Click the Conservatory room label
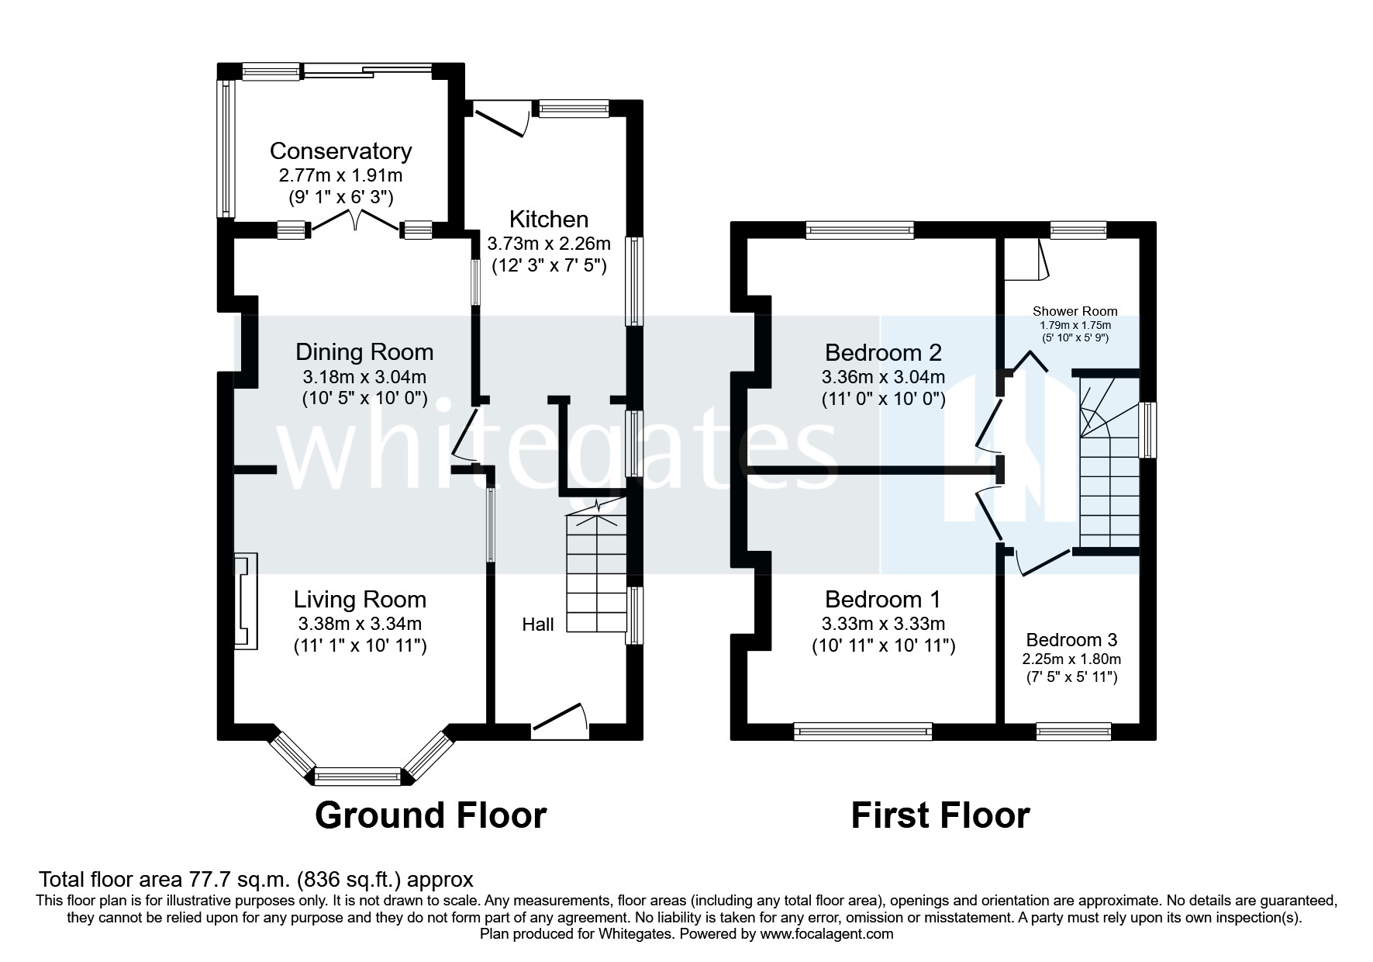(340, 151)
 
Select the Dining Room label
(364, 352)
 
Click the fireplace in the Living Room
(246, 602)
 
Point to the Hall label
(537, 625)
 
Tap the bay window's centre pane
(358, 776)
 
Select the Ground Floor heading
(430, 816)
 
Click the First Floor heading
(940, 816)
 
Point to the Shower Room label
(1075, 311)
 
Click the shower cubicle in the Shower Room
(1023, 259)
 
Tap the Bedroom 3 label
(1071, 640)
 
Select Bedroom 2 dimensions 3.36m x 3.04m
(883, 378)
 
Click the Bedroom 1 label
(882, 600)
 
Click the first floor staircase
(1109, 481)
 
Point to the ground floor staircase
(595, 574)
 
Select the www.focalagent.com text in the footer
(826, 934)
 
